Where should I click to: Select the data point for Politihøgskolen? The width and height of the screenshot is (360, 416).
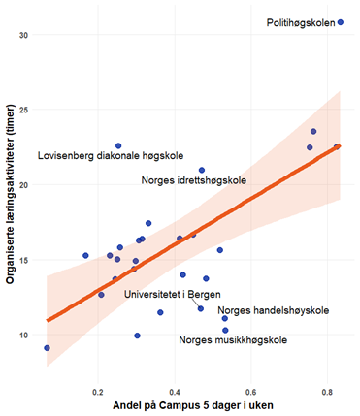coord(341,21)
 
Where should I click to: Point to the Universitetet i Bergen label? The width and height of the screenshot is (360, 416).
coord(171,294)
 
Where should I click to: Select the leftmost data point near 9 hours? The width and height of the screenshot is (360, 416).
coord(47,347)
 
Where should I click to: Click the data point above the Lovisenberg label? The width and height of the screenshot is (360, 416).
coord(118,145)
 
